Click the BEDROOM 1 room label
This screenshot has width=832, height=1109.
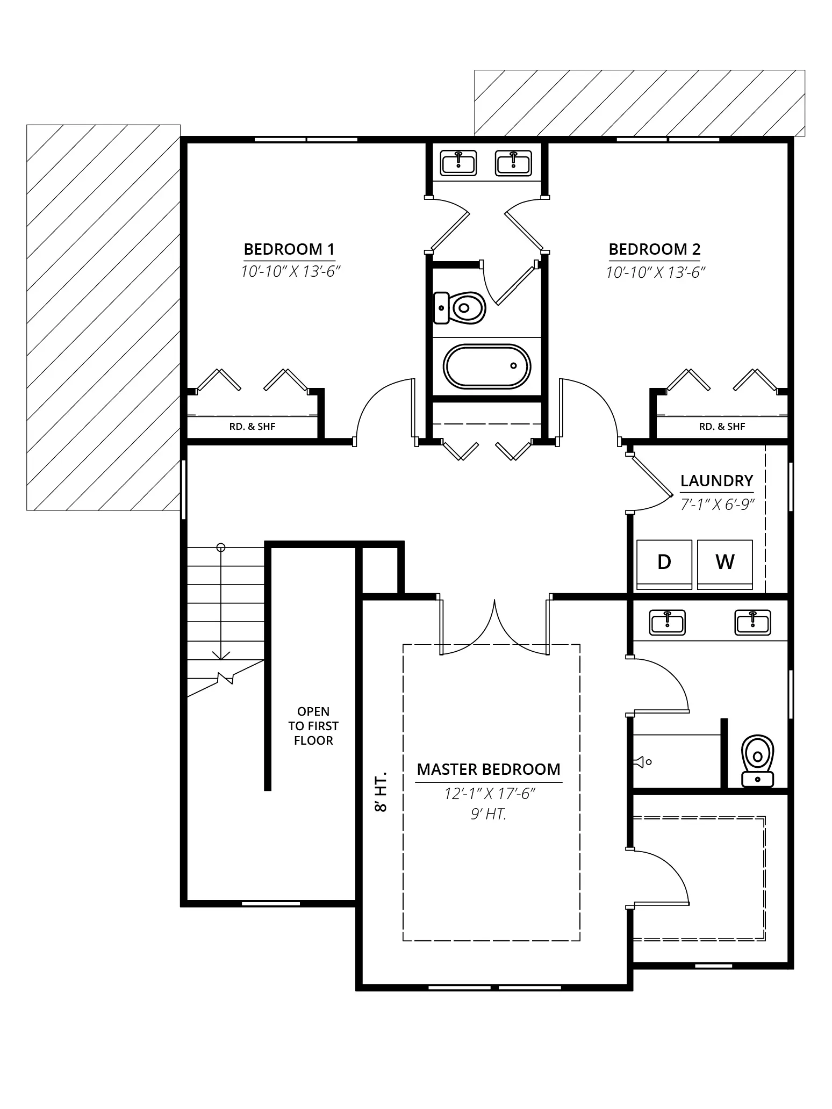[x=289, y=249]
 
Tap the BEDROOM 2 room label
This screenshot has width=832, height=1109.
[x=655, y=249]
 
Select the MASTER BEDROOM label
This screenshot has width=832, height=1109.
[x=489, y=769]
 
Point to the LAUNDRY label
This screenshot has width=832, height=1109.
[x=716, y=481]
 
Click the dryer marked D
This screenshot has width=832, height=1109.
[x=664, y=564]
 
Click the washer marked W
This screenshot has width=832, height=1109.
[x=725, y=564]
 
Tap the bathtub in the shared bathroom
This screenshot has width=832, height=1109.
[x=487, y=366]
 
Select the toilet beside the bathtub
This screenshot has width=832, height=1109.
[x=460, y=308]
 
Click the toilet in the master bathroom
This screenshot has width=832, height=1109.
[x=757, y=761]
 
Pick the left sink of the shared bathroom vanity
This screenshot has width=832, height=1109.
[x=458, y=163]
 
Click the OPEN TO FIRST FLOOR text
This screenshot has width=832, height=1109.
[x=313, y=726]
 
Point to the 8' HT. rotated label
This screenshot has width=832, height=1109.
[x=381, y=793]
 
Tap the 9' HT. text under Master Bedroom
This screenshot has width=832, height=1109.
[x=489, y=814]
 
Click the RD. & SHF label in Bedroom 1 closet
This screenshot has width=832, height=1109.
[x=252, y=427]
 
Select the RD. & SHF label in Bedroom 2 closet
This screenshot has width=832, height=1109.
[x=722, y=427]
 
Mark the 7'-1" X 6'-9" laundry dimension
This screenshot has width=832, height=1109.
[x=718, y=505]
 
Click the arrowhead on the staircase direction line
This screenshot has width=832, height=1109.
[x=221, y=655]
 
